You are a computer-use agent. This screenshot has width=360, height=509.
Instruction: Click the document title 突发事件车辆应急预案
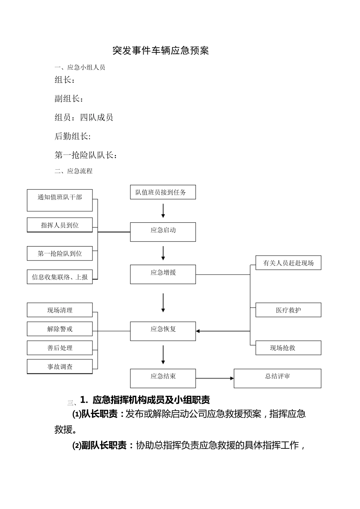pos(161,51)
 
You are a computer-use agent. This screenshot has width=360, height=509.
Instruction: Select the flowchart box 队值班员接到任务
pos(163,192)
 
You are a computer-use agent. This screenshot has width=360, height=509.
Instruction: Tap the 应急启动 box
pos(163,232)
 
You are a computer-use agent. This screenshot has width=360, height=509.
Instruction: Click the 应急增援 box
pos(163,274)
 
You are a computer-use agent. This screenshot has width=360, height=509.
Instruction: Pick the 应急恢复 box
pos(163,331)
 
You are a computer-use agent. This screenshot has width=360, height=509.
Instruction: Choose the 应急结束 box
pos(163,378)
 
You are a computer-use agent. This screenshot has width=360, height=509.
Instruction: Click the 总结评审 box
pos(277,378)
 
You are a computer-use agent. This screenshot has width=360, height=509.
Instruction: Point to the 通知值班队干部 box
pos(60,200)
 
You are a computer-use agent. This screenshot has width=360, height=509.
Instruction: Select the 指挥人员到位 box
pos(60,225)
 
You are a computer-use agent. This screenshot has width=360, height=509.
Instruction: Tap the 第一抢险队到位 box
pos(60,253)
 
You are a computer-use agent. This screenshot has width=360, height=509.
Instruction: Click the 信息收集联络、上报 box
pos(60,277)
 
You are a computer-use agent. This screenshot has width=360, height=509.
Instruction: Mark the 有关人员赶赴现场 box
pos(288,263)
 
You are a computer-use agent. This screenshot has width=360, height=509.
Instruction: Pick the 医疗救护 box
pos(288,310)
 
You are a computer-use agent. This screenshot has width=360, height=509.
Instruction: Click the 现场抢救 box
pos(288,348)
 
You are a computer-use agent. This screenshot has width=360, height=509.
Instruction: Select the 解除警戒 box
pos(60,329)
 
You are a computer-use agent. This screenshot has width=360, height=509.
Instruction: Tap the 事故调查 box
pos(60,366)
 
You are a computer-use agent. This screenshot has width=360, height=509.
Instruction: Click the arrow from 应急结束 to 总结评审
pos(214,378)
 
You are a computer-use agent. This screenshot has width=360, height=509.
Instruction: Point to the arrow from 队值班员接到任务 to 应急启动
pos(163,211)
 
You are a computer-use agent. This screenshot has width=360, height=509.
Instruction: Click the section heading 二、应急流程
pos(74,171)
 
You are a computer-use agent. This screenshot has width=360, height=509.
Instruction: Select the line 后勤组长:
pos(73,136)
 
